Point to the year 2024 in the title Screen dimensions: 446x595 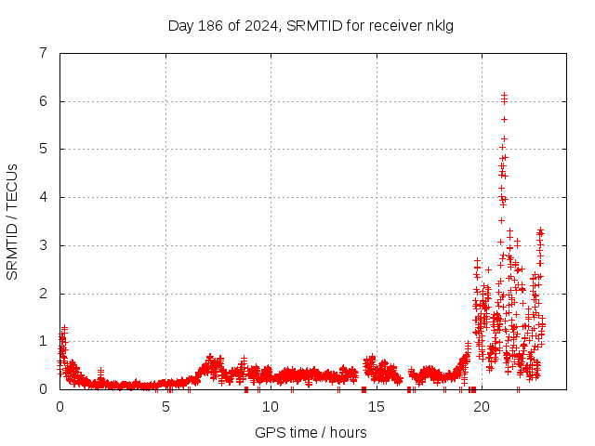click(258, 25)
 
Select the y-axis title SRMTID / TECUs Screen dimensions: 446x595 click(12, 221)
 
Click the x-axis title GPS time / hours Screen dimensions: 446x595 click(311, 432)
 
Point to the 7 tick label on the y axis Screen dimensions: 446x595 click(43, 53)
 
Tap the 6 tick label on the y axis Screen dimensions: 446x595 click(43, 101)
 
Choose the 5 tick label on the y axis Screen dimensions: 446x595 click(43, 149)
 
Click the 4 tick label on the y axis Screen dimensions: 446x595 click(43, 197)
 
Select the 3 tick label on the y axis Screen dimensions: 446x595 click(43, 245)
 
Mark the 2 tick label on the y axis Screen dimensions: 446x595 click(43, 294)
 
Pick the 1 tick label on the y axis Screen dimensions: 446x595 click(43, 341)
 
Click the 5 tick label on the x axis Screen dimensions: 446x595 click(165, 406)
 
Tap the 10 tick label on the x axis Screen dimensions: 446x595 click(271, 406)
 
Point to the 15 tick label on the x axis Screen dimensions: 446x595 click(377, 406)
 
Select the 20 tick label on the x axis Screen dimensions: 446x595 click(482, 406)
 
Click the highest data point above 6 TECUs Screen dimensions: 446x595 click(503, 95)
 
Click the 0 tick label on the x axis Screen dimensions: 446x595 click(60, 406)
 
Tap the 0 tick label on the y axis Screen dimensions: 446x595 click(43, 389)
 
